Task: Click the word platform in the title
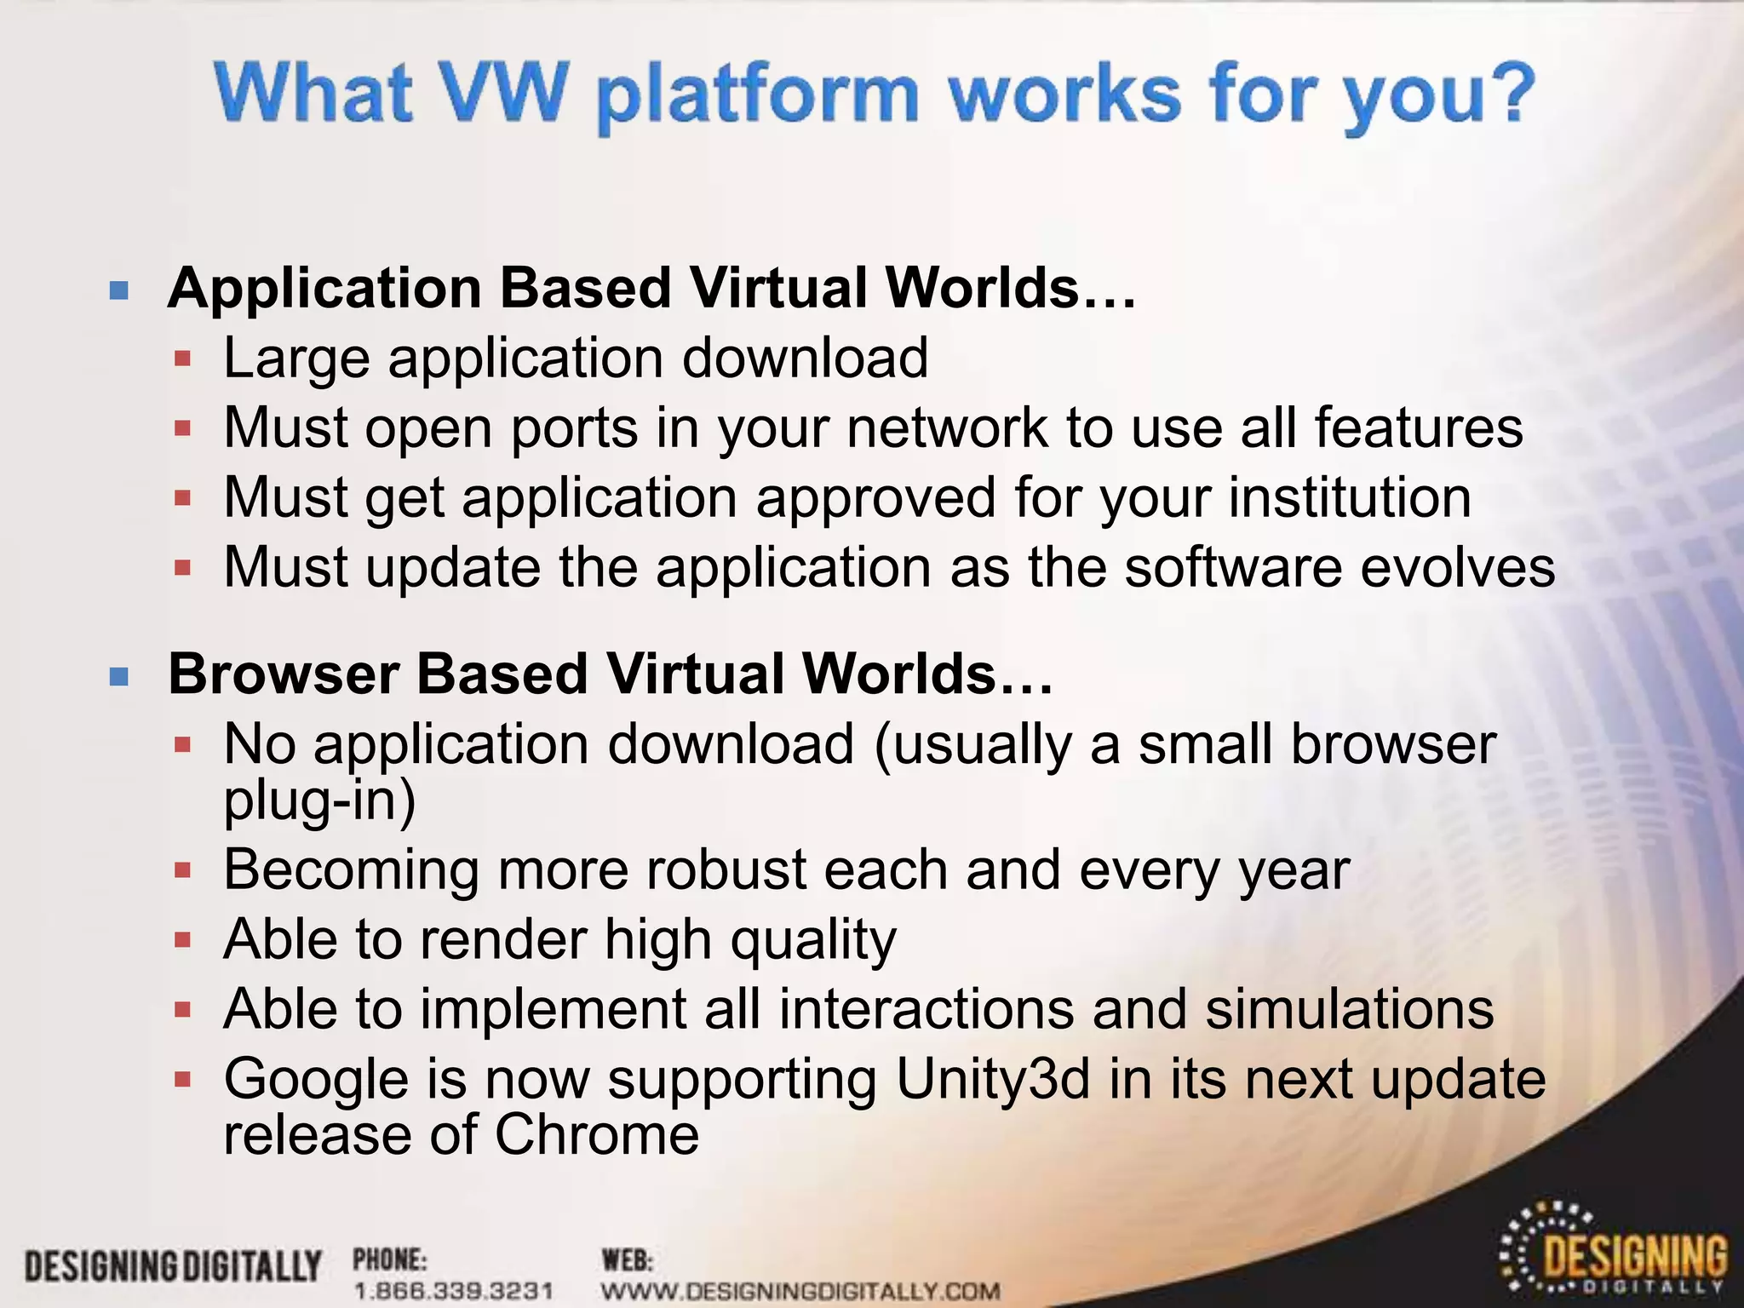tap(756, 95)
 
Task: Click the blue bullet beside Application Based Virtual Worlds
tap(119, 291)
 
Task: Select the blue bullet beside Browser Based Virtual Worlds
tap(119, 677)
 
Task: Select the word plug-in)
tap(319, 800)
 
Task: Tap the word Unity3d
tap(993, 1080)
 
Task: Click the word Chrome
tap(597, 1135)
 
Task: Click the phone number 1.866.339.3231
tap(454, 1290)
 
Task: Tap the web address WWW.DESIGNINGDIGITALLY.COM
tap(800, 1290)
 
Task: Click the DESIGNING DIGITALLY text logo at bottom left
tap(173, 1266)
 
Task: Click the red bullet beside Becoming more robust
tap(182, 870)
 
